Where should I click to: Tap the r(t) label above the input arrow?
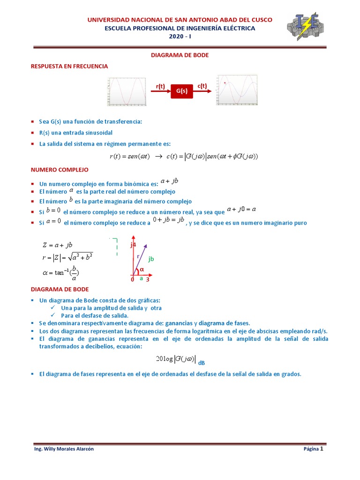[160, 86]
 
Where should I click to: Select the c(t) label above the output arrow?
[202, 85]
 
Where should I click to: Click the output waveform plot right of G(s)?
[237, 90]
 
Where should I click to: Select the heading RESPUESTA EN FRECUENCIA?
[69, 67]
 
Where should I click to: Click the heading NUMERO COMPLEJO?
[59, 169]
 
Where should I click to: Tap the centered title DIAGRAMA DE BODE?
[180, 55]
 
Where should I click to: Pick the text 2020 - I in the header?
[180, 37]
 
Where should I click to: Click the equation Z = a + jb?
[57, 245]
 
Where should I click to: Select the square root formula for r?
[67, 257]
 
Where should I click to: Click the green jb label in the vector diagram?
[151, 259]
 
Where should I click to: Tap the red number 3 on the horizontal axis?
[148, 280]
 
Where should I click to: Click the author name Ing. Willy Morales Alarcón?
[64, 449]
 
